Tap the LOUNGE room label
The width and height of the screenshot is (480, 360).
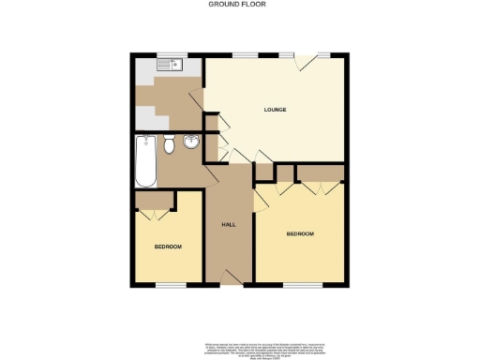click(275, 110)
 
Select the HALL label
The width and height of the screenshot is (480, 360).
click(228, 225)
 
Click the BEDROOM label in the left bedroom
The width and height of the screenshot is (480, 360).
click(168, 246)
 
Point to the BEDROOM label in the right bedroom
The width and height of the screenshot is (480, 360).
click(300, 233)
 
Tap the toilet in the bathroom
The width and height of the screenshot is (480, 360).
click(169, 145)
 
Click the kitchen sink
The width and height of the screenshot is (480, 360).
click(170, 66)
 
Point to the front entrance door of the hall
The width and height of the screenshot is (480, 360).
click(231, 277)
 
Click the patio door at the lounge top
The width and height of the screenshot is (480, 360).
click(307, 60)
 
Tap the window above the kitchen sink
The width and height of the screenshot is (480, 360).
click(169, 55)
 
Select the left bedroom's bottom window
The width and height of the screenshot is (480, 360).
click(169, 284)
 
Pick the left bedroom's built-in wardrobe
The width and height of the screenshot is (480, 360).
click(153, 201)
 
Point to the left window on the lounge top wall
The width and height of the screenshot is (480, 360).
click(247, 55)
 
